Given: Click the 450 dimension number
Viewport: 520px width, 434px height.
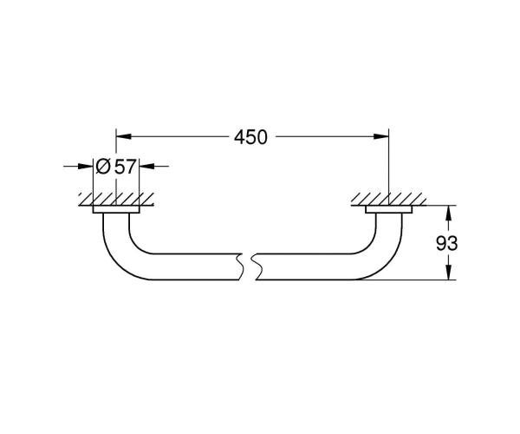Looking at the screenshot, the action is click(x=250, y=137).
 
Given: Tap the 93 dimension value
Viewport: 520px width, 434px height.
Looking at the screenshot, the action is click(x=446, y=243).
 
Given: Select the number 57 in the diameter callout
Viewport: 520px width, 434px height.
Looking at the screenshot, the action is click(x=125, y=167).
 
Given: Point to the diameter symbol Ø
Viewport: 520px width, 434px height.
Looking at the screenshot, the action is click(x=102, y=167).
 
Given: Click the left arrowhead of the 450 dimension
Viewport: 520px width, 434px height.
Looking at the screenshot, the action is click(x=123, y=136).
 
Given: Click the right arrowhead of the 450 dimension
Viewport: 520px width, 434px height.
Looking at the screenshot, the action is click(x=380, y=136).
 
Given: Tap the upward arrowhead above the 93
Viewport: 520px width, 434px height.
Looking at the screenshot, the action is click(x=448, y=214).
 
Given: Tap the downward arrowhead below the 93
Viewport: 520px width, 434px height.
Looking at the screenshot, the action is click(x=448, y=272).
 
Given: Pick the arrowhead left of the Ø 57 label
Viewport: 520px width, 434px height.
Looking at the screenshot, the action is click(x=85, y=166).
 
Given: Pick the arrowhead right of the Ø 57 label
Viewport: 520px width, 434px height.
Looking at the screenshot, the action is click(x=147, y=166).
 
